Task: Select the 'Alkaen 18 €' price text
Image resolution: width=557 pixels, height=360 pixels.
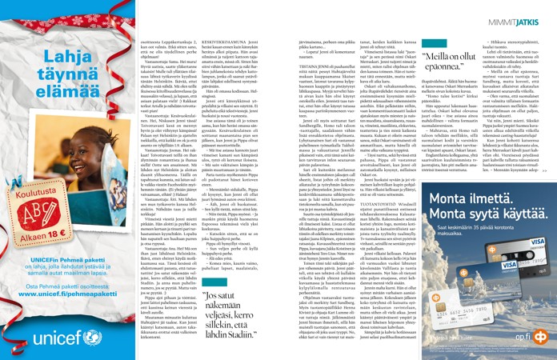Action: (38, 214)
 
